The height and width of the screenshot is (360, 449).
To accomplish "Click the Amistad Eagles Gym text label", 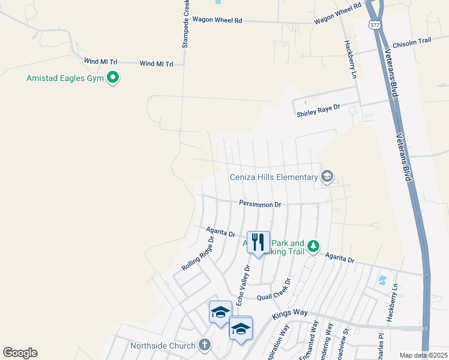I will click(x=65, y=78).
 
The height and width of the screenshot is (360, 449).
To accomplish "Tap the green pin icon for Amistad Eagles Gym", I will click(x=112, y=78).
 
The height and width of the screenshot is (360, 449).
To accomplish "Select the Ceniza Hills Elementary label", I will click(x=273, y=177).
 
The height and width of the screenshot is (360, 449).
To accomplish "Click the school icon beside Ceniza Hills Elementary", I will click(x=327, y=176).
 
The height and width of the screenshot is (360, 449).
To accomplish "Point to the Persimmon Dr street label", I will click(x=260, y=205).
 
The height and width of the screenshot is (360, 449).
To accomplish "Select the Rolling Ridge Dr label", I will click(x=198, y=253).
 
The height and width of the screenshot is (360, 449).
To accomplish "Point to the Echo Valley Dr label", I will click(x=243, y=286).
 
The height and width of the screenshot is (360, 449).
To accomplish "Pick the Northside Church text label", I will click(x=163, y=346).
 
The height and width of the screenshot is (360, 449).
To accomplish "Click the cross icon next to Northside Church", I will click(x=205, y=345).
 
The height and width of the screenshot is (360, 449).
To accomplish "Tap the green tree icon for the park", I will click(x=313, y=246).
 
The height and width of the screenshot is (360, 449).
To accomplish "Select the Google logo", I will click(x=20, y=353).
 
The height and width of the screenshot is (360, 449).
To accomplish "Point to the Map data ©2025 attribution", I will click(x=424, y=355).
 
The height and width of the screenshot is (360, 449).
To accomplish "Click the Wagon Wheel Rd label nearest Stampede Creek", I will click(x=221, y=20).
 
